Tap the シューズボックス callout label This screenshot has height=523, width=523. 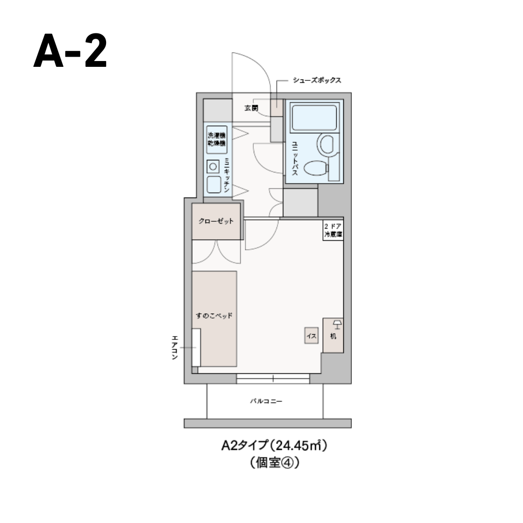[317, 80]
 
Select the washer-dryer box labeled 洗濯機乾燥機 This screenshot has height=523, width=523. [216, 139]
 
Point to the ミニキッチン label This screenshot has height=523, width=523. [227, 175]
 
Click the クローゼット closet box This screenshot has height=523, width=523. [216, 221]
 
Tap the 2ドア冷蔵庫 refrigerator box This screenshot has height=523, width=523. [333, 231]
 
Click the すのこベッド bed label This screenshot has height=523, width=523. [215, 316]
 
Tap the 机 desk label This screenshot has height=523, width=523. [333, 336]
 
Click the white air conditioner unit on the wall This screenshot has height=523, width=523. [196, 347]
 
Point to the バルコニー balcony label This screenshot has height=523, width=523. [266, 401]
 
